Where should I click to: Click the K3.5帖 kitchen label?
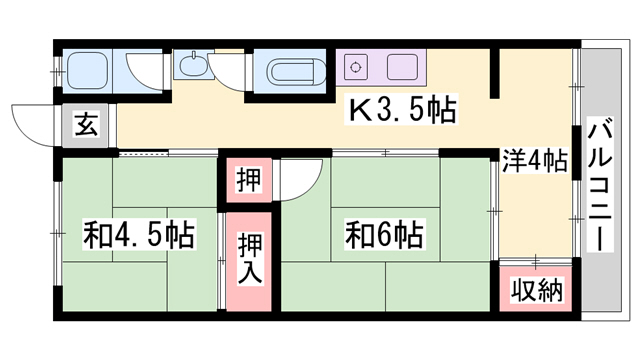pyautogui.click(x=402, y=109)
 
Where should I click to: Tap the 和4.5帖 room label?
pyautogui.click(x=139, y=234)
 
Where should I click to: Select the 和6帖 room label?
pyautogui.click(x=384, y=234)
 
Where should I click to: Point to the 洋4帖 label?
pyautogui.click(x=535, y=161)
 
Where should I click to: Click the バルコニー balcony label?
pyautogui.click(x=600, y=184)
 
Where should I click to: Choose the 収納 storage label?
pyautogui.click(x=537, y=289)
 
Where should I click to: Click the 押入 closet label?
pyautogui.click(x=249, y=259)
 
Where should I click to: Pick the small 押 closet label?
pyautogui.click(x=249, y=179)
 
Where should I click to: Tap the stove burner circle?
pyautogui.click(x=356, y=67)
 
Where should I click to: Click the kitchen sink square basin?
pyautogui.click(x=402, y=67)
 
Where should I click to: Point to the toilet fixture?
pyautogui.click(x=87, y=71)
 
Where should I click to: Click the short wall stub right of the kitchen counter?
pyautogui.click(x=495, y=73)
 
